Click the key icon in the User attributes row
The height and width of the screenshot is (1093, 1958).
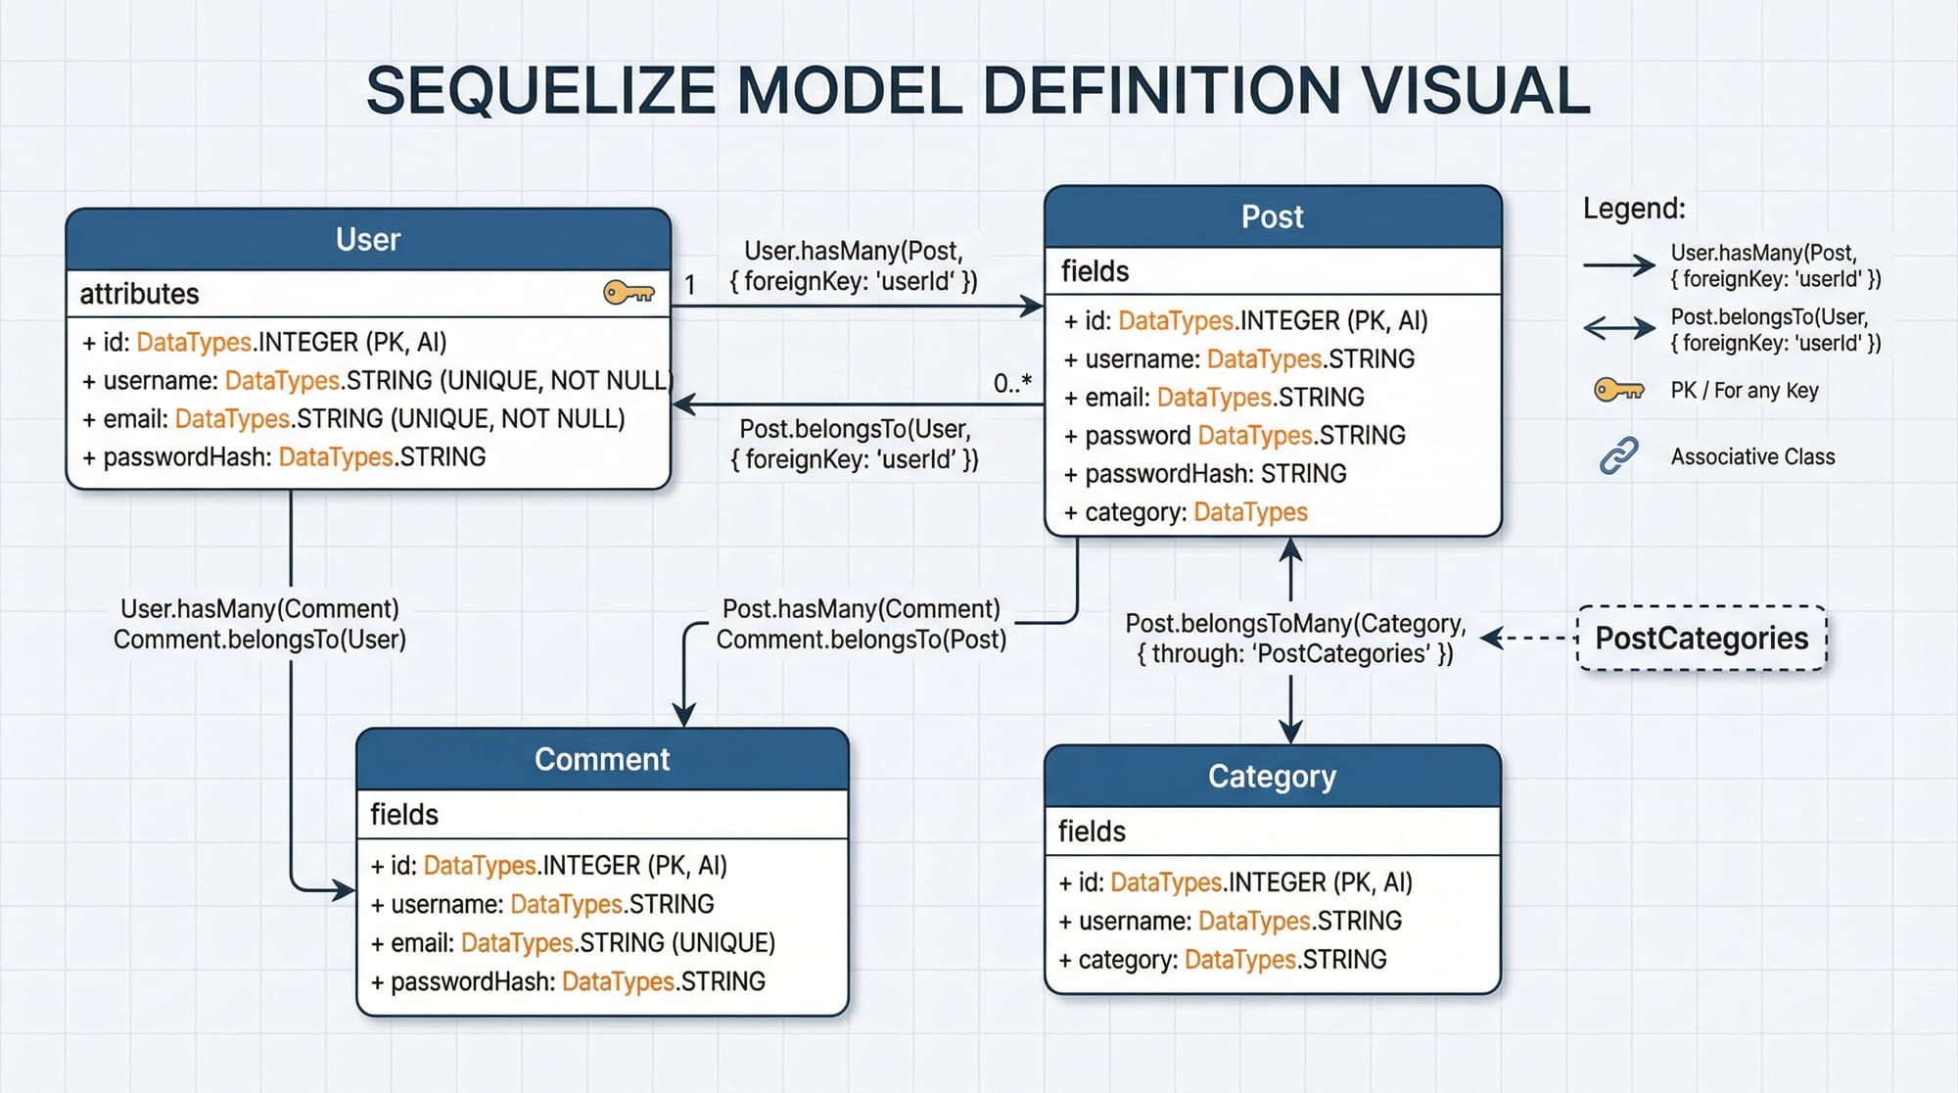[629, 292]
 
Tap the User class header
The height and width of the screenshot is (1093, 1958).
[368, 239]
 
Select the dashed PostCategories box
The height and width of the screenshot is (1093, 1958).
[1702, 639]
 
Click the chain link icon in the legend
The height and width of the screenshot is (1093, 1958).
[1618, 456]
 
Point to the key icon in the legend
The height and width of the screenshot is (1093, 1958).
[1618, 390]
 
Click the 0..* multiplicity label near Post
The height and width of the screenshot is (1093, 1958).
[1012, 383]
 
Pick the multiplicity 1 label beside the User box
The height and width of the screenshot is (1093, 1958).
[690, 285]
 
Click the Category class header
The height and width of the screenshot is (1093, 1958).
[1272, 776]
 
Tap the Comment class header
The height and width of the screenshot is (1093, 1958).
[602, 759]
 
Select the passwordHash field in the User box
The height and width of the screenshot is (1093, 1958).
[284, 457]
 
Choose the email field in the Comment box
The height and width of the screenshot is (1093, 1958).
[573, 942]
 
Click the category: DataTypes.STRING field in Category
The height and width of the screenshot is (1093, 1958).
[1223, 960]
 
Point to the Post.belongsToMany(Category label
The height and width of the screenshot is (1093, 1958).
[1294, 624]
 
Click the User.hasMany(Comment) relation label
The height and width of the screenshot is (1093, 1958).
[259, 609]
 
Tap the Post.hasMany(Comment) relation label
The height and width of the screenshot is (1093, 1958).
[861, 609]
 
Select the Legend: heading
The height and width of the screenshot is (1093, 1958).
[1634, 209]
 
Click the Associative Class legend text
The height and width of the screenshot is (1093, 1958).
[1752, 456]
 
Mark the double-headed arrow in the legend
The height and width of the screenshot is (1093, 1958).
[1618, 327]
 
